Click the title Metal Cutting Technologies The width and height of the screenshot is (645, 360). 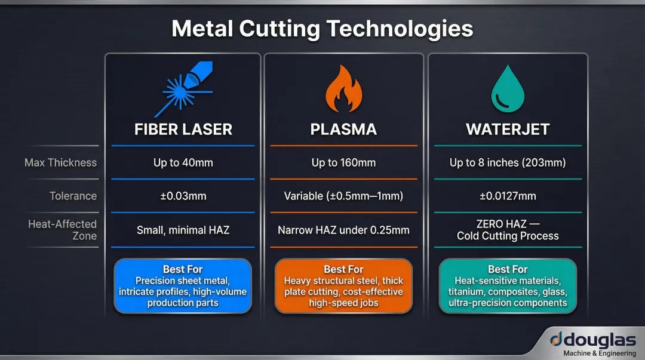coord(322,29)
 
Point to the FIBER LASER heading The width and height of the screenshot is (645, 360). coord(183,129)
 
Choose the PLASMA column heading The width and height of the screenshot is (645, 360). coord(343,129)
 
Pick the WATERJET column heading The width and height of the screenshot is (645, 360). coord(507,129)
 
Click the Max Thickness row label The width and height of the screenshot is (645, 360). coord(60,162)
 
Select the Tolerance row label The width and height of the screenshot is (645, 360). coord(73,196)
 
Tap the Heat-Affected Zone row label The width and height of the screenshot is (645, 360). coord(63,230)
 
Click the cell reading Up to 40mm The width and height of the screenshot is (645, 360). coord(183,162)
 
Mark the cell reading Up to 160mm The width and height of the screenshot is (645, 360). coord(343,162)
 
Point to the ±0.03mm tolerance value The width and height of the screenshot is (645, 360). coord(183,196)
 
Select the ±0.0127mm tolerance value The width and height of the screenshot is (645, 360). coord(507,196)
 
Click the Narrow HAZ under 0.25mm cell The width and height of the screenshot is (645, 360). coord(343,230)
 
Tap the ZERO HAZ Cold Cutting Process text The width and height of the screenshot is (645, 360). coord(507,230)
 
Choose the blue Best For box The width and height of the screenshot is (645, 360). coord(183,286)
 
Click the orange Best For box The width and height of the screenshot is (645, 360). coord(343,286)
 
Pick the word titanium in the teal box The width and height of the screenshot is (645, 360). coord(468,292)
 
